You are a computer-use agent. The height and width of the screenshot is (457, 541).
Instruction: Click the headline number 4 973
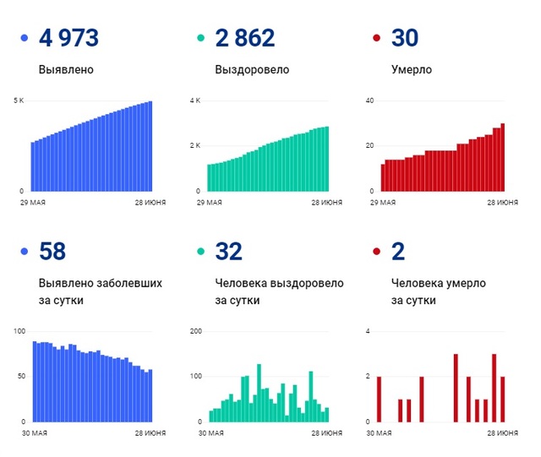(x=68, y=38)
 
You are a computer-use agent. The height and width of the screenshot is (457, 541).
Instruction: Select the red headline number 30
(x=406, y=38)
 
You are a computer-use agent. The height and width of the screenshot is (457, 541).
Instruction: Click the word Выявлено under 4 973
(x=66, y=70)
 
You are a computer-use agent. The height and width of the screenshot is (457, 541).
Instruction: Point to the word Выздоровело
(x=252, y=70)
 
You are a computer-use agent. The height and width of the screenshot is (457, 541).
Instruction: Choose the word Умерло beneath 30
(x=413, y=70)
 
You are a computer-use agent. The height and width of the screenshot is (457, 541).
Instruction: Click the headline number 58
(x=52, y=251)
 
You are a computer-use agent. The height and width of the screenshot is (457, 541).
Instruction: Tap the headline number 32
(x=229, y=251)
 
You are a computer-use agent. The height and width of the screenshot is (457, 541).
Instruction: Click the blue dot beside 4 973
(x=24, y=39)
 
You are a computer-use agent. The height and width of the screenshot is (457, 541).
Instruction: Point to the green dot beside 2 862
(x=200, y=39)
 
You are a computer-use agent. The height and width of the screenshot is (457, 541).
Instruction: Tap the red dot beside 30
(x=377, y=39)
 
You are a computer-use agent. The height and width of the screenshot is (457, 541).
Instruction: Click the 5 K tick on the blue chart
(x=19, y=101)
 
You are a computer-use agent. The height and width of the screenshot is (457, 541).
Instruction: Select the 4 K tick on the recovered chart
(x=195, y=101)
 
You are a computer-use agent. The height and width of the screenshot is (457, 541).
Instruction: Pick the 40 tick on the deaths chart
(x=369, y=101)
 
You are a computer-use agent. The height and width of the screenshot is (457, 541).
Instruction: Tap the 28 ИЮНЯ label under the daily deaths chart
(x=503, y=433)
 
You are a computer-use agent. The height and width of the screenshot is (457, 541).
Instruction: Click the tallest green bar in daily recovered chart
(x=259, y=393)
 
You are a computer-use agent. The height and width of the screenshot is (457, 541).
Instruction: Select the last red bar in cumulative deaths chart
(x=503, y=157)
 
